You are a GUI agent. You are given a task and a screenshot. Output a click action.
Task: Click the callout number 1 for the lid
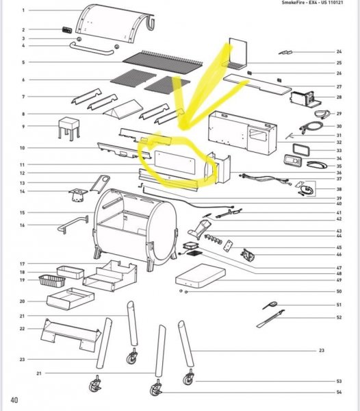tap(23, 10)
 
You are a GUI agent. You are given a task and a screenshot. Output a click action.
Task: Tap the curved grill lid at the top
tap(115, 23)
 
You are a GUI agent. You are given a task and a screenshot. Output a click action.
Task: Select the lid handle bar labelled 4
tap(92, 49)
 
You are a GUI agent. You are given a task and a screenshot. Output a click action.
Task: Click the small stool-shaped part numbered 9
tap(69, 128)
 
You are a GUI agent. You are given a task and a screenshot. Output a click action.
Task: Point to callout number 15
tap(23, 212)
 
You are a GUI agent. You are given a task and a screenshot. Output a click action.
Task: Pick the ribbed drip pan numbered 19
tap(52, 281)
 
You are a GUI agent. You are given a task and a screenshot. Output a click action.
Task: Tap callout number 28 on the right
tap(339, 97)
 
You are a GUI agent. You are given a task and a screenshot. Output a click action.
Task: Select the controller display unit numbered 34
tap(293, 160)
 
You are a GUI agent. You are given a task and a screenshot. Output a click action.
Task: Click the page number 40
tap(14, 400)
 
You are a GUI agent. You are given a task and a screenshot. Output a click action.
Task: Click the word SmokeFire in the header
tap(293, 3)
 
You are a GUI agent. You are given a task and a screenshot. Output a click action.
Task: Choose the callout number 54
tap(339, 392)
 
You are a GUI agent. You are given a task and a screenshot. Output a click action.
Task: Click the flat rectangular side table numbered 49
tap(201, 276)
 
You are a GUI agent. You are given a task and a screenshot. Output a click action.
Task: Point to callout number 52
tap(339, 317)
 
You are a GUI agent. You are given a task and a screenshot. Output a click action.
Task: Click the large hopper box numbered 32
tap(242, 133)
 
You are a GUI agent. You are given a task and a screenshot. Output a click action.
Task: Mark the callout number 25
tap(339, 63)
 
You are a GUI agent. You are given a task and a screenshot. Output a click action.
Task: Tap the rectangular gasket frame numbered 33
tap(301, 149)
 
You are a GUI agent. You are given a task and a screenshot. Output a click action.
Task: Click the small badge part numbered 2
tap(67, 29)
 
